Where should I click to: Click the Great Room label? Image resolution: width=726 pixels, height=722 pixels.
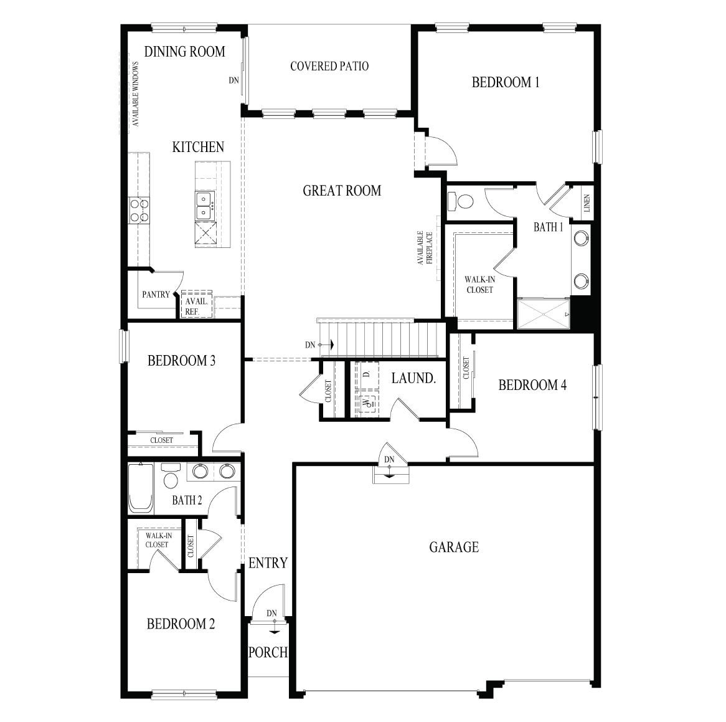342,191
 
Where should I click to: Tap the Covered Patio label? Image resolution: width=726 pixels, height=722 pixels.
329,66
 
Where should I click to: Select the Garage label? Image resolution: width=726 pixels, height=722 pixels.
453,547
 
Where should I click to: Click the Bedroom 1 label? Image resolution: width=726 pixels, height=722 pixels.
505,82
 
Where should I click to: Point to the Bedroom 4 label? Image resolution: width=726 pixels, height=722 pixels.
532,385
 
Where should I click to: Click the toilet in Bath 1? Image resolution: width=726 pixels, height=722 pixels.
461,201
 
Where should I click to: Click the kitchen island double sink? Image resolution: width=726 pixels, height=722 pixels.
205,206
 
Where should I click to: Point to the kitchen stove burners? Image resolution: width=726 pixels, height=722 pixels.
139,210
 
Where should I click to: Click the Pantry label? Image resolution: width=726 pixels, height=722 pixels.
156,294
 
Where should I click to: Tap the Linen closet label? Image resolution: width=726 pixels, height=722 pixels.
587,203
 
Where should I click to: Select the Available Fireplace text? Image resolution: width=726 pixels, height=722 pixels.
425,247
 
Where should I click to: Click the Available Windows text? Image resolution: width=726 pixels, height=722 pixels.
134,94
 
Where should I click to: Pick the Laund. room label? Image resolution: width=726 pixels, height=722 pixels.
413,378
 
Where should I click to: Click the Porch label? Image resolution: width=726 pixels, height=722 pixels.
268,652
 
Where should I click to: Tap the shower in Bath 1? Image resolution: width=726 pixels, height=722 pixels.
544,313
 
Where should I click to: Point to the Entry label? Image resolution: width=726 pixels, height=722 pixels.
268,563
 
